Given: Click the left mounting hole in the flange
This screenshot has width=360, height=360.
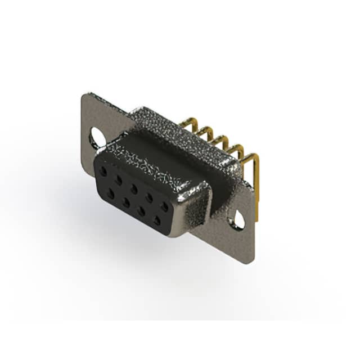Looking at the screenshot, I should (x=96, y=137).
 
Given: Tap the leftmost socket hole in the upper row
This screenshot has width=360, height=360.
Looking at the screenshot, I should (x=103, y=169).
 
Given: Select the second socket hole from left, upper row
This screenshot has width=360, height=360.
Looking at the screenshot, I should (x=118, y=178).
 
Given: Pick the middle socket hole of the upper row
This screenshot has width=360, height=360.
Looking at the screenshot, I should (x=134, y=188).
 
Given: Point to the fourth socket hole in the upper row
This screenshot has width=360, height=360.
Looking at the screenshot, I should (x=150, y=197).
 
